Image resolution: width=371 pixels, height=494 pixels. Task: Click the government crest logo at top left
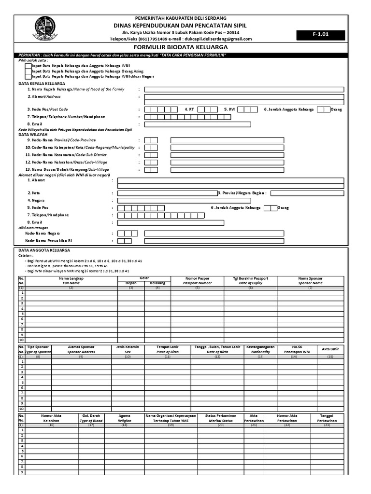point(47,28)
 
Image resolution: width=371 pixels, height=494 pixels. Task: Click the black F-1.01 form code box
point(321,35)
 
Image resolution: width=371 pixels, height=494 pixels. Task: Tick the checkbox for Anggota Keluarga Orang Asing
point(29,71)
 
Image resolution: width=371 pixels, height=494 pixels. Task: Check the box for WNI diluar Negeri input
point(29,76)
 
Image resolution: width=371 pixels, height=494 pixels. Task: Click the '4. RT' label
point(189,110)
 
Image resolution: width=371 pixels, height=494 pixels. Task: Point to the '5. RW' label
point(228,110)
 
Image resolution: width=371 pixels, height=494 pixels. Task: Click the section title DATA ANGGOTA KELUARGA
point(44,250)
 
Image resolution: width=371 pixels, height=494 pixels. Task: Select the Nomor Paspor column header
point(198,281)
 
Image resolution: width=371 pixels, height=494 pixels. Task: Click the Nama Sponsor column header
point(310,281)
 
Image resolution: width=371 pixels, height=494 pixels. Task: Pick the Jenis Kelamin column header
point(128,349)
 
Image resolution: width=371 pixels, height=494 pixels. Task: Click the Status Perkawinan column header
point(220,418)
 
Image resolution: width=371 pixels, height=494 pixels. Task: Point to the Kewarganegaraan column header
point(260,349)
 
